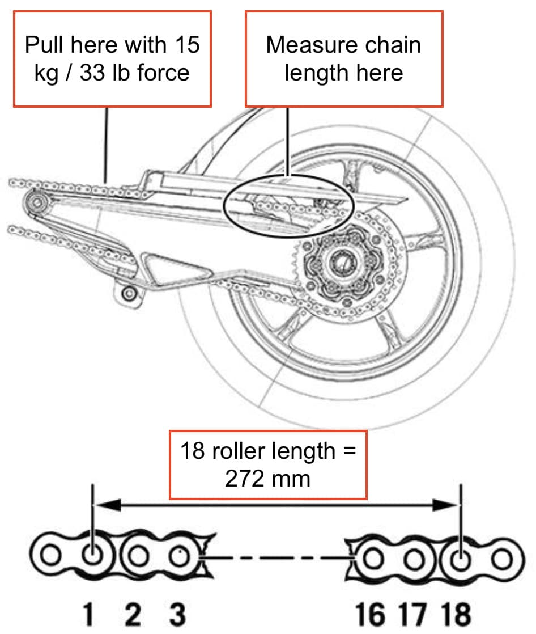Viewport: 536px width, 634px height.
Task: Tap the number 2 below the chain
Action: tap(133, 614)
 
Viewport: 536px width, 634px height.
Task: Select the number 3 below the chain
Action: tap(177, 614)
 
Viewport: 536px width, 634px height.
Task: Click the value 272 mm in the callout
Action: tap(267, 478)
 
